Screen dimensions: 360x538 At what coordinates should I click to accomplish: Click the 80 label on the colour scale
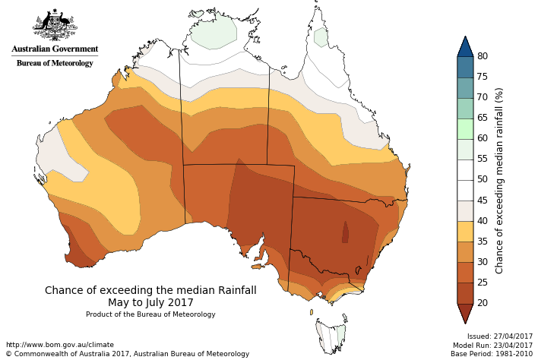[483, 56]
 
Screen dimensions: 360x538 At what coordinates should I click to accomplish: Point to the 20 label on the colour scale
[483, 303]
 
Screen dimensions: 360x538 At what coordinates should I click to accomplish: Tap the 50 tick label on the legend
[483, 180]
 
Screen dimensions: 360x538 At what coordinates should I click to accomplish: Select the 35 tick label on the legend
[483, 242]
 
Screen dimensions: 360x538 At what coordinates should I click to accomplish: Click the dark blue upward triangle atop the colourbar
[465, 46]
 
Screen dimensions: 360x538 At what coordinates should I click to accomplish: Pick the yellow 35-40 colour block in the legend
[465, 231]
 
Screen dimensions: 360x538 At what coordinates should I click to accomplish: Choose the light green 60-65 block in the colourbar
[465, 128]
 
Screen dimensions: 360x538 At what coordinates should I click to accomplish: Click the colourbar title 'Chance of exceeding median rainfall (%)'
[499, 180]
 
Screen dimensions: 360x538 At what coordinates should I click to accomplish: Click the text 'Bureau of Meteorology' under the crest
[55, 63]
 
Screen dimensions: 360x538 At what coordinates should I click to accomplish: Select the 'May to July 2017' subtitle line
[150, 302]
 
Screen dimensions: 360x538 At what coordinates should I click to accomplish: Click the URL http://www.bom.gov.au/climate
[59, 344]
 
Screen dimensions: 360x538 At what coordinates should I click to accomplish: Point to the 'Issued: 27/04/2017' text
[500, 336]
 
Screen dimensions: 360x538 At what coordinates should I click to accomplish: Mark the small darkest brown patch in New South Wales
[346, 232]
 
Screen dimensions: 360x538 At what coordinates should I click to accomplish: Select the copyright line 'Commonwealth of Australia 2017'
[127, 354]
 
